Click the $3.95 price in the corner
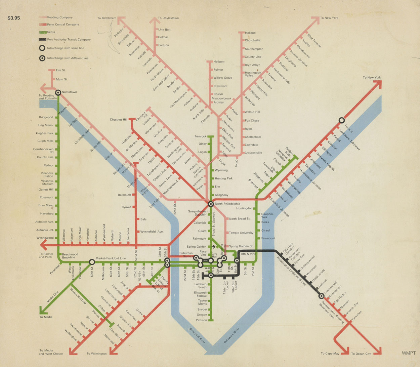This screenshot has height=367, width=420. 14,18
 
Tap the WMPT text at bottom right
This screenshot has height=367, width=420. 409,353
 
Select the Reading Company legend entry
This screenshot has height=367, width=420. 59,17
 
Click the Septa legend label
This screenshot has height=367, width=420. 51,32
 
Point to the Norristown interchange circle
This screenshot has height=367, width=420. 58,92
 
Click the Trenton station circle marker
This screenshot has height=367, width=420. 341,120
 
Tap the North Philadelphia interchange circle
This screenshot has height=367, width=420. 211,204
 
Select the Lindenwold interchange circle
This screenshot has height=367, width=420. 321,296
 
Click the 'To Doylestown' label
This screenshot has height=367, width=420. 168,18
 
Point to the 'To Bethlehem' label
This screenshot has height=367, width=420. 107,18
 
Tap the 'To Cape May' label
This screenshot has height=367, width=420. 330,353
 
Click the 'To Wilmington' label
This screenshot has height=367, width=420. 96,354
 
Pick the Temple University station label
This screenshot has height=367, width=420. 241,233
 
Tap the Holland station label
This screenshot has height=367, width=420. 250,33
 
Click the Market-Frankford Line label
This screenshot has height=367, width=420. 111,258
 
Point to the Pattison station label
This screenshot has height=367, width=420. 202,320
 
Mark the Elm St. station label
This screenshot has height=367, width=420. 61,71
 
